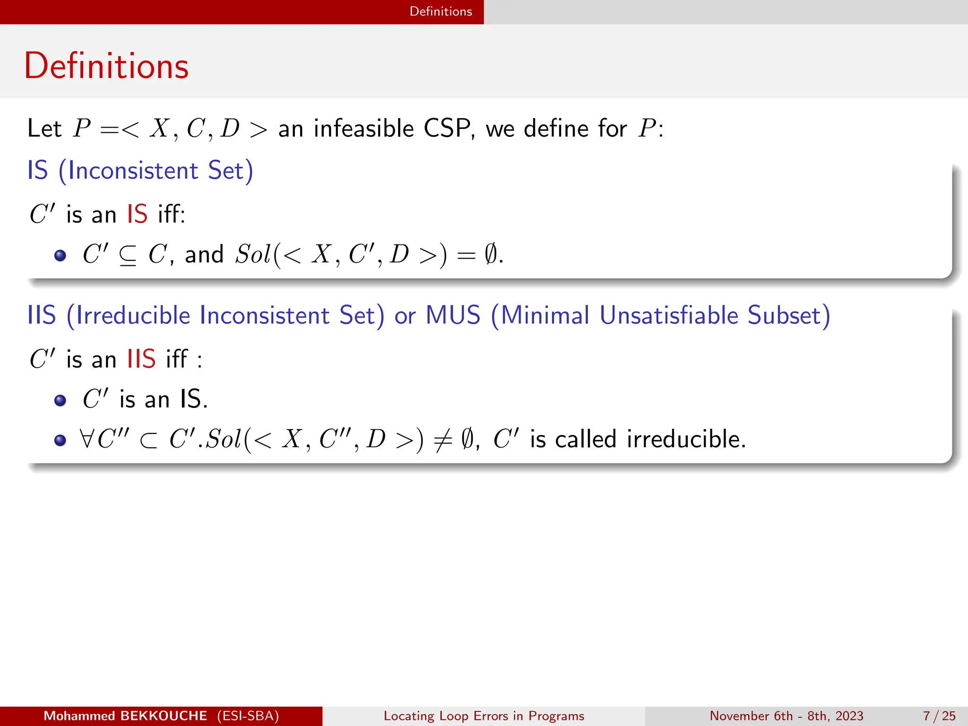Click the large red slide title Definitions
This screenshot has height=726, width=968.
[106, 66]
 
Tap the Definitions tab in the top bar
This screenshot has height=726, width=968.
[441, 11]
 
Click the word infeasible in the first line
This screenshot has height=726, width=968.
[363, 129]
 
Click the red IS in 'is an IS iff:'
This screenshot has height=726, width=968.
[137, 214]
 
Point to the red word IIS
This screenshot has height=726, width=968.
[141, 359]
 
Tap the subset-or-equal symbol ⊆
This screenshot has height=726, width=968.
[128, 255]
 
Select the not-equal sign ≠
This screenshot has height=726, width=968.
[442, 440]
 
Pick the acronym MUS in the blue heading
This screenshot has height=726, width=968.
[453, 315]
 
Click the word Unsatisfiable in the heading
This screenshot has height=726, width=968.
[668, 315]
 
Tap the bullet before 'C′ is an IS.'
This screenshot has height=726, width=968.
[60, 401]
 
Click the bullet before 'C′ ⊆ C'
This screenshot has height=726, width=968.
[60, 256]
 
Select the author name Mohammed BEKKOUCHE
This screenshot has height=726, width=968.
[125, 716]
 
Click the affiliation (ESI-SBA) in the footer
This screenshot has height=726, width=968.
[248, 716]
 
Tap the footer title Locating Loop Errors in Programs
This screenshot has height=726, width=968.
[484, 716]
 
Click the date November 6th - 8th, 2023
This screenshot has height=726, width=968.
[786, 716]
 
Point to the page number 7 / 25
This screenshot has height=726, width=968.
[939, 716]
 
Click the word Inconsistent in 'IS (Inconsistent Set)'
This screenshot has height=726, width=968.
[133, 171]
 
